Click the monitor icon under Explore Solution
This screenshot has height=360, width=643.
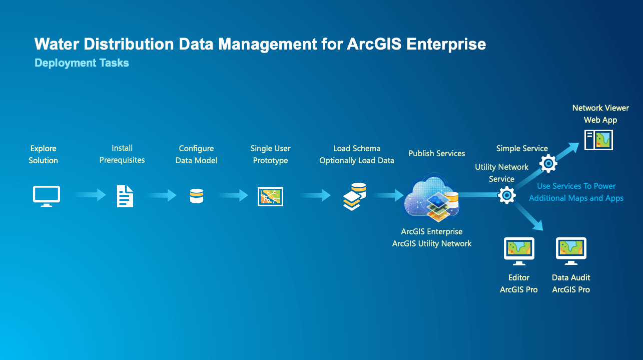click(x=47, y=196)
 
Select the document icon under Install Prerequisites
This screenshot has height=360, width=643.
click(x=125, y=196)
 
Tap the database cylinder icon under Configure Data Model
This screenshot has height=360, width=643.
click(x=197, y=196)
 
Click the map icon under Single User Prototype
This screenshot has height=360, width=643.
click(x=270, y=196)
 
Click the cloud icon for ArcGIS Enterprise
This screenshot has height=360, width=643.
click(x=431, y=198)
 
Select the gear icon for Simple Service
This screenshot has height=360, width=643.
click(x=548, y=164)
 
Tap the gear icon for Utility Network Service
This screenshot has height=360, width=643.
click(x=506, y=195)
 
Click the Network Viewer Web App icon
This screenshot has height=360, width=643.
click(x=598, y=140)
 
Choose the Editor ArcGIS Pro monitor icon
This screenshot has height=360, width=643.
click(x=519, y=250)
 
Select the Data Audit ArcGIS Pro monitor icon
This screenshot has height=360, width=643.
click(x=571, y=250)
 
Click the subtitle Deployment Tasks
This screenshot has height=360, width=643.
click(x=82, y=63)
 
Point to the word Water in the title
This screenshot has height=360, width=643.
click(x=54, y=44)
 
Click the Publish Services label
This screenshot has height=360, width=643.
click(x=436, y=153)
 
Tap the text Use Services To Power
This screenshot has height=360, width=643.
click(x=576, y=186)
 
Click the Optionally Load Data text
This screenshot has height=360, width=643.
click(x=357, y=161)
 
